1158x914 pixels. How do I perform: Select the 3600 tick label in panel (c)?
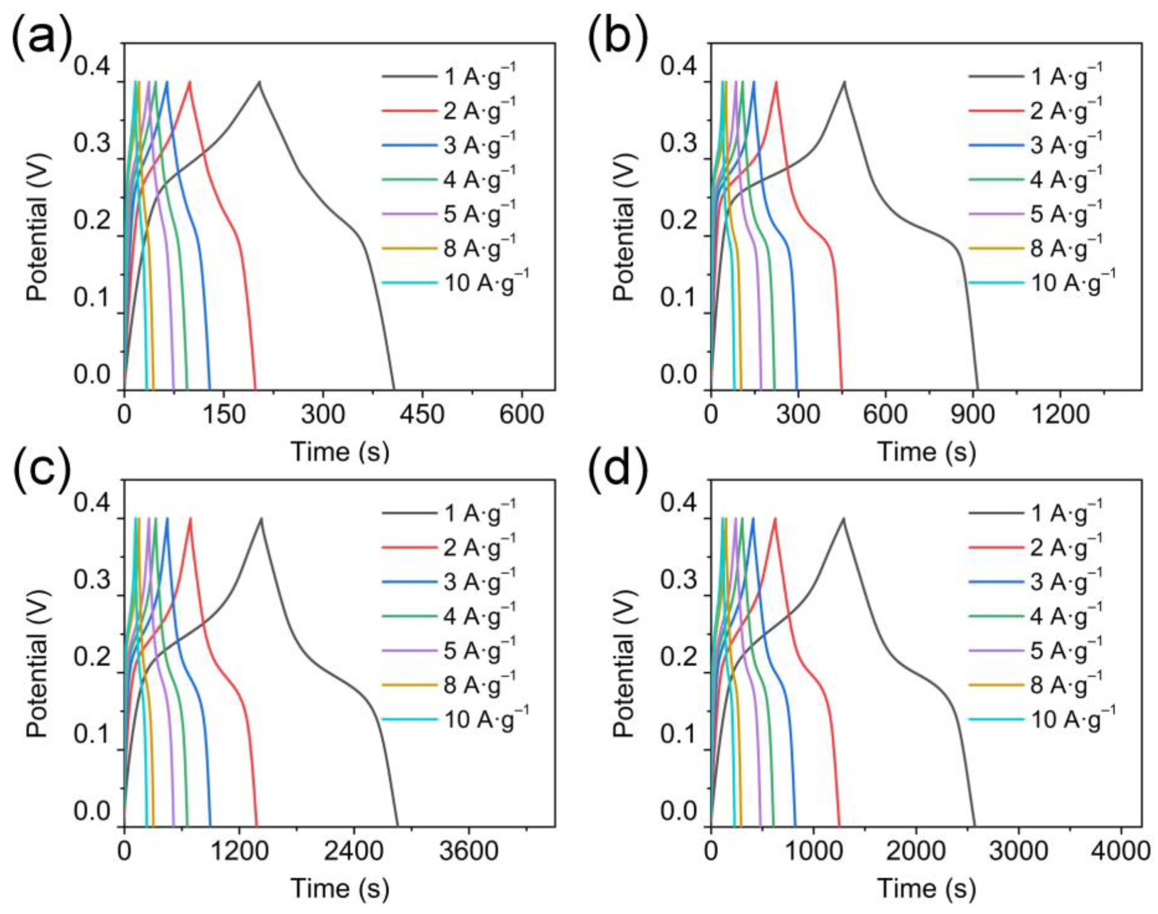pyautogui.click(x=469, y=852)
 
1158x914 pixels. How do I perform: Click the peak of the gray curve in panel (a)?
pyautogui.click(x=259, y=82)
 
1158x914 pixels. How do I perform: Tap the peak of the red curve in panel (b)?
pyautogui.click(x=776, y=82)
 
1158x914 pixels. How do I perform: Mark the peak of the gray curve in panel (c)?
pyautogui.click(x=262, y=518)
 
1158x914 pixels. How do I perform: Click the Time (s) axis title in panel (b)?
pyautogui.click(x=926, y=452)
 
